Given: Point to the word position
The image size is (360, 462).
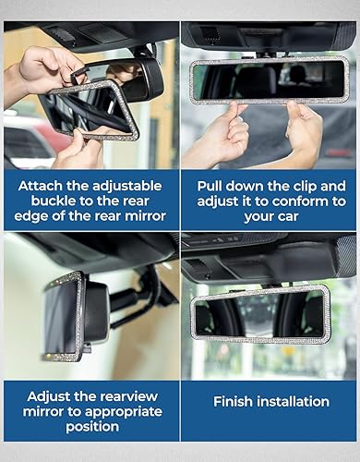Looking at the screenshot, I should (x=90, y=428).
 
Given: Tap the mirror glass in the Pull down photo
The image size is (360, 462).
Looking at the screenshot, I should (x=268, y=80).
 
